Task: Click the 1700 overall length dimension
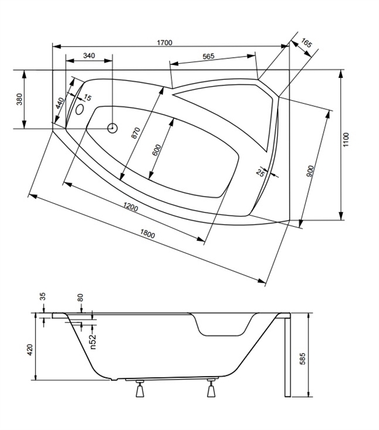point(165,42)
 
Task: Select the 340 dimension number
point(89,56)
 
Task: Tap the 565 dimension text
point(208,57)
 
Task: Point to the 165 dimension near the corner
point(307,43)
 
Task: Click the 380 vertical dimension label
point(20,100)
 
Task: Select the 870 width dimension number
point(136,133)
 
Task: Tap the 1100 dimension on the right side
point(346,139)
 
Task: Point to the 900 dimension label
point(310,171)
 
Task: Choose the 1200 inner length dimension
point(131,207)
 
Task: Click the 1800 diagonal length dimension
point(147,233)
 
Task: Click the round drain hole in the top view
point(112,128)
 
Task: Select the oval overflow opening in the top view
point(80,109)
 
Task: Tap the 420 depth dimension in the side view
point(30,350)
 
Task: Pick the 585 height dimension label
point(302,359)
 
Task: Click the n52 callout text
point(93,342)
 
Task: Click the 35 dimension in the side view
point(42,297)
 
